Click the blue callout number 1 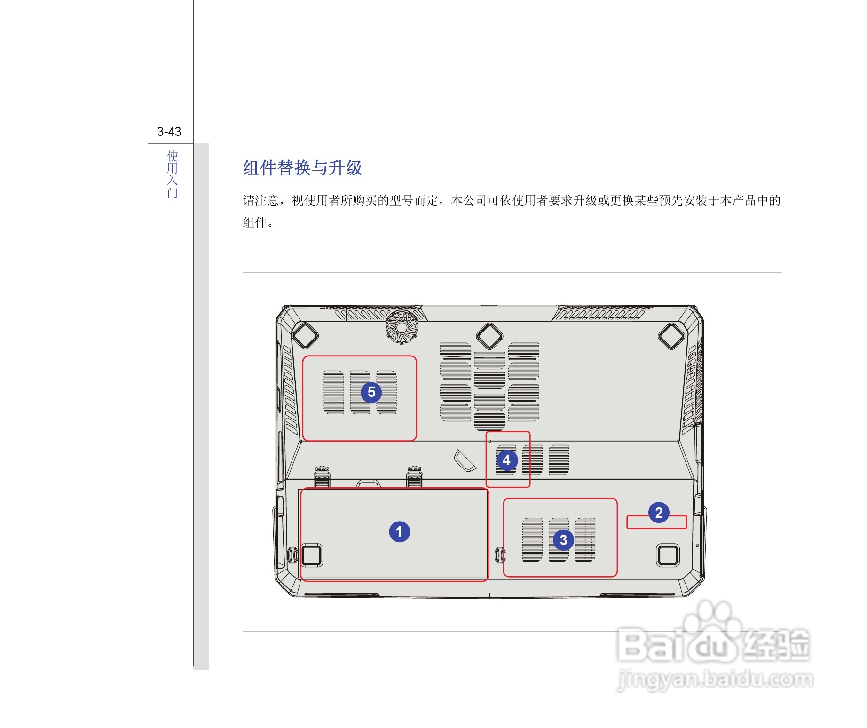pyautogui.click(x=399, y=532)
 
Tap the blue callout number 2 pyautogui.click(x=659, y=513)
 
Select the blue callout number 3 pyautogui.click(x=563, y=540)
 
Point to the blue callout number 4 pyautogui.click(x=506, y=460)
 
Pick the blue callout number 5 pyautogui.click(x=371, y=392)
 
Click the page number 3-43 pyautogui.click(x=169, y=132)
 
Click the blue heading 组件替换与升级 pyautogui.click(x=302, y=168)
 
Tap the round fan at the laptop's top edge pyautogui.click(x=402, y=326)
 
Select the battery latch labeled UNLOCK pyautogui.click(x=322, y=477)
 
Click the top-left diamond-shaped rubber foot pyautogui.click(x=305, y=335)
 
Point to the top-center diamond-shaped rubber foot pyautogui.click(x=489, y=336)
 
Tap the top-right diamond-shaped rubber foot pyautogui.click(x=671, y=336)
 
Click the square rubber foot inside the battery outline pyautogui.click(x=311, y=555)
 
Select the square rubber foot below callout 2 pyautogui.click(x=668, y=555)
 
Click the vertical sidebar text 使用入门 pyautogui.click(x=173, y=174)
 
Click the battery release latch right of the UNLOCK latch pyautogui.click(x=414, y=477)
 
